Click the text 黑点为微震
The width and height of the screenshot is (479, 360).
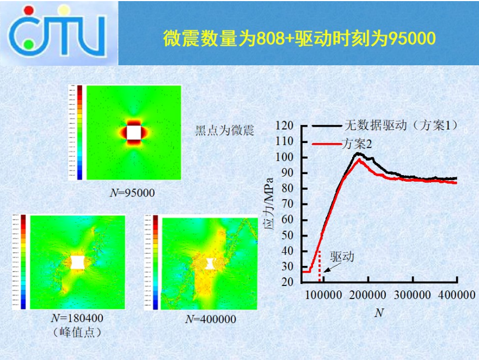point(225,131)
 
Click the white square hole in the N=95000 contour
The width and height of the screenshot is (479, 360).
point(134,132)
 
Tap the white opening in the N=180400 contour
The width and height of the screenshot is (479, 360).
point(78,262)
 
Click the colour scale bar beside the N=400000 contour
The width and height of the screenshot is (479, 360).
point(155,262)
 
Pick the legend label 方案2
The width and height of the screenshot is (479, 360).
point(357,144)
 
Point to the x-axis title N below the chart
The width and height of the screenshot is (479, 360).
point(379,314)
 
